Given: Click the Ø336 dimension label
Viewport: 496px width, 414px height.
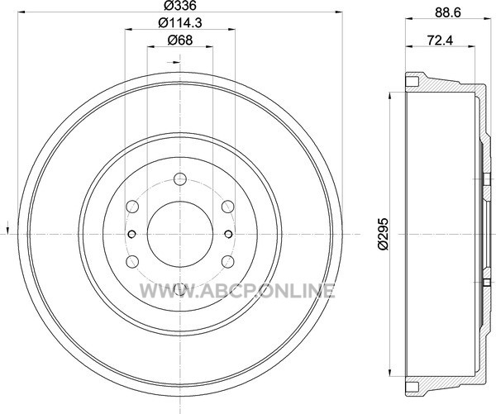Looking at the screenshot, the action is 180,5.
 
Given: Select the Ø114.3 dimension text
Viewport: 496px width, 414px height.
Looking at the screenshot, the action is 180,23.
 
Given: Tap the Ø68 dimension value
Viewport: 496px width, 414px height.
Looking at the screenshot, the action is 180,40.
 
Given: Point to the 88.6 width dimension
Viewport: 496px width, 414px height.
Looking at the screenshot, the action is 448,12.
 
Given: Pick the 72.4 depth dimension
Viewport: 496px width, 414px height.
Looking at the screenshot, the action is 440,40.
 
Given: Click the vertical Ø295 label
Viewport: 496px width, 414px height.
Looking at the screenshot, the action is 384,234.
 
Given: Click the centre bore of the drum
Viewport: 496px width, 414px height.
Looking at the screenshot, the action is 180,234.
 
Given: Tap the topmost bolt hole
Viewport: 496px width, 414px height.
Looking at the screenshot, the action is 180,179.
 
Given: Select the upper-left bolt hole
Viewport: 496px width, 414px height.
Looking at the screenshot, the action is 132,207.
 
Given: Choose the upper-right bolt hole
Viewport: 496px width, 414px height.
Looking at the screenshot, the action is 228,207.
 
